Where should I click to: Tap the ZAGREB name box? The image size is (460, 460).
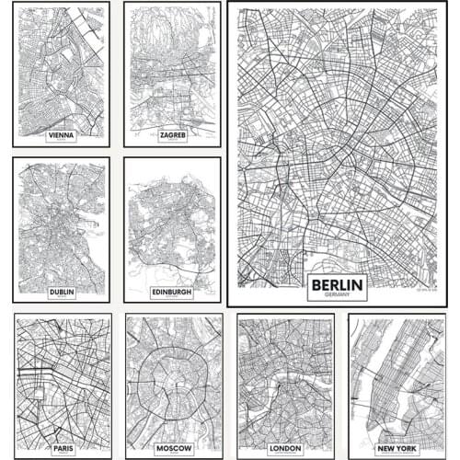pyautogui.click(x=173, y=134)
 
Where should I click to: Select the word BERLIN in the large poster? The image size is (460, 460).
pyautogui.click(x=337, y=283)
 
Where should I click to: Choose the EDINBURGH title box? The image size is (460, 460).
pyautogui.click(x=173, y=293)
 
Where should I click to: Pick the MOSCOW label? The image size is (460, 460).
pyautogui.click(x=173, y=448)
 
